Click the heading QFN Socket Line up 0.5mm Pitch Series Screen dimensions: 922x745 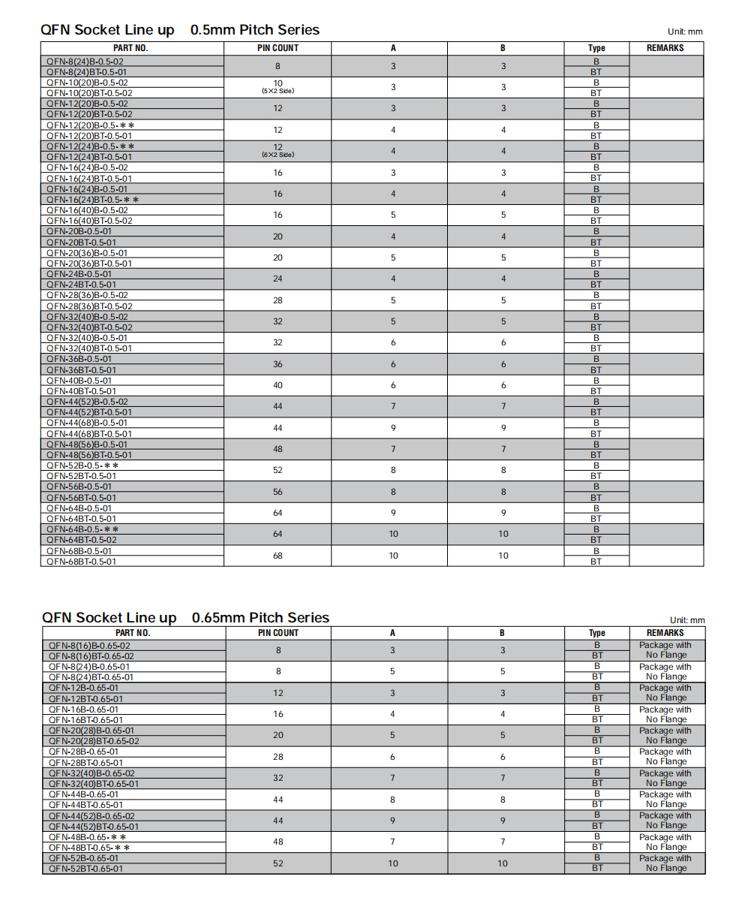180,30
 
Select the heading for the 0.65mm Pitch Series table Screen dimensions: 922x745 185,618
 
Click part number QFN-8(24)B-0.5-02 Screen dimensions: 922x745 86,61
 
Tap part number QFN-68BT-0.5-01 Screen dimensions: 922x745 81,562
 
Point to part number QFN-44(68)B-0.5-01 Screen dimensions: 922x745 87,423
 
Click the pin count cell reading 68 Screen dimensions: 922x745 278,556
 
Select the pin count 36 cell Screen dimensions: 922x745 278,364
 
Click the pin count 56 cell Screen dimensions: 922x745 278,493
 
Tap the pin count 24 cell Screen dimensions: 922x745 278,279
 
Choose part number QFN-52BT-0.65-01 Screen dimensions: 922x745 86,869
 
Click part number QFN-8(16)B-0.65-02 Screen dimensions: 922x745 89,645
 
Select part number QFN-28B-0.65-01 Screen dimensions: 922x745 83,752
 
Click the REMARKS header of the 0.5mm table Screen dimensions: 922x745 665,48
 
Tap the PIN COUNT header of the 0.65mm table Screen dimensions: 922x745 278,633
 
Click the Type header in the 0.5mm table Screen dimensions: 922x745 596,48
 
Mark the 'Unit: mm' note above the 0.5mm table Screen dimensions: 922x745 685,32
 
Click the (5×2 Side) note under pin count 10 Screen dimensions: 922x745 278,91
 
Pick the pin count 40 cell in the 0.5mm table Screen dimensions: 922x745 278,386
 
